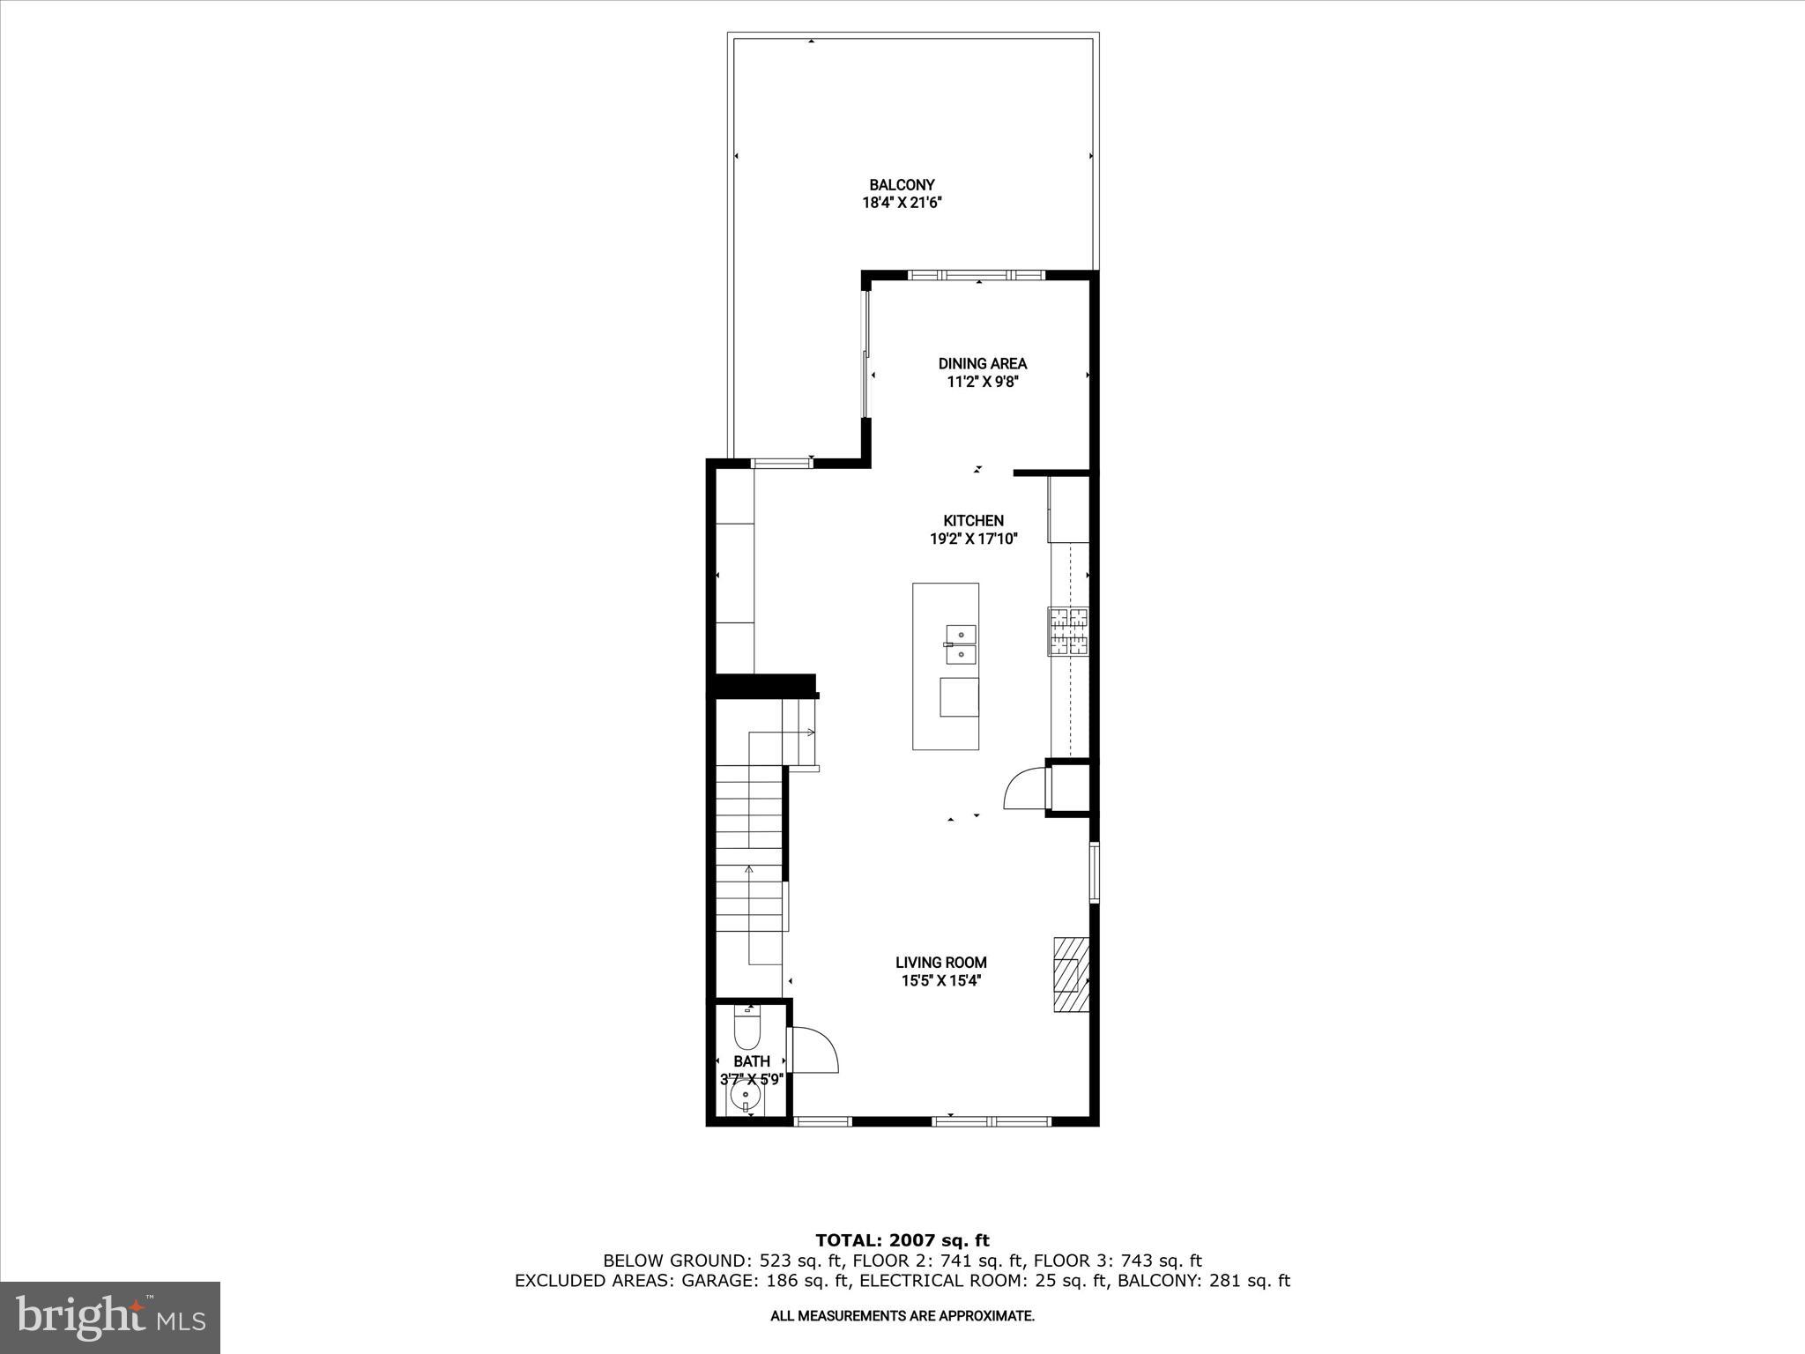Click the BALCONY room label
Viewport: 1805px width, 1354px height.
pyautogui.click(x=902, y=185)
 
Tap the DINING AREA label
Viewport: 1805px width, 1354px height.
pyautogui.click(x=982, y=363)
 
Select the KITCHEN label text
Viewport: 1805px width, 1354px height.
pyautogui.click(x=973, y=521)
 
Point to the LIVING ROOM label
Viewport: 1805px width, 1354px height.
pyautogui.click(x=941, y=963)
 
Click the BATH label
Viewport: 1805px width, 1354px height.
pyautogui.click(x=752, y=1061)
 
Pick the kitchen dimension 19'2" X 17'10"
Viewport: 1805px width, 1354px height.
pyautogui.click(x=974, y=539)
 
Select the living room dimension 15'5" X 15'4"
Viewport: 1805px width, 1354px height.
pyautogui.click(x=941, y=980)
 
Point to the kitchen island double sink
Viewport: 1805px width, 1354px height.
pyautogui.click(x=961, y=644)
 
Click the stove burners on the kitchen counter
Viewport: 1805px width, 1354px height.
pyautogui.click(x=1068, y=631)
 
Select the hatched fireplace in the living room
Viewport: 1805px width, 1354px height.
pyautogui.click(x=1071, y=974)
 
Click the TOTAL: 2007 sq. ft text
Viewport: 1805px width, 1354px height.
pyautogui.click(x=902, y=1241)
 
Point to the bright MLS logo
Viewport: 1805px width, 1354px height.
pyautogui.click(x=110, y=1317)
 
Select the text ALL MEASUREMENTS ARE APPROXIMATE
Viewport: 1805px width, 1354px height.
pyautogui.click(x=902, y=1316)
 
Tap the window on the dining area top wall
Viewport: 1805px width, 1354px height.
pyautogui.click(x=977, y=275)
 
